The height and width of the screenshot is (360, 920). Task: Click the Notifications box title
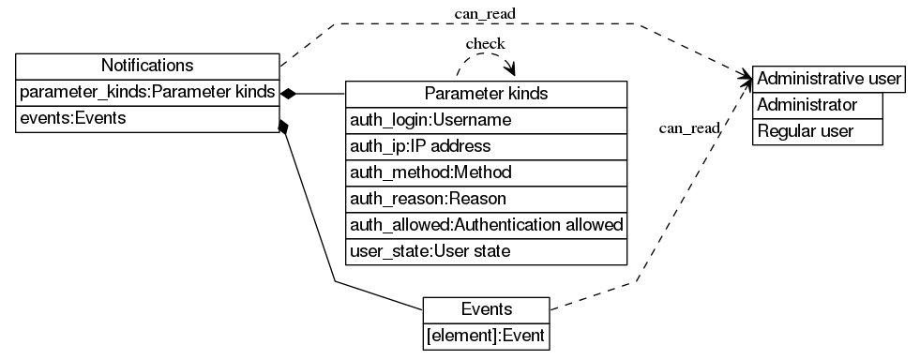point(147,66)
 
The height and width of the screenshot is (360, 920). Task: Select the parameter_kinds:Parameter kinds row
point(147,93)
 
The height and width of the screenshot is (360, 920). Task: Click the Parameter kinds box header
point(486,94)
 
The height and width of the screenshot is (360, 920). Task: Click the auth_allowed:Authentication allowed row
point(486,225)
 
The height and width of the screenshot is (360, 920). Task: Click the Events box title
point(486,309)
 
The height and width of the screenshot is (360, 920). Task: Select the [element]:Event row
point(486,335)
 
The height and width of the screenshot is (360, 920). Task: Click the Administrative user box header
point(829,78)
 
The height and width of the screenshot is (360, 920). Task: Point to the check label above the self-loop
point(485,44)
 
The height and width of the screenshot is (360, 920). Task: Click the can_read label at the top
point(485,13)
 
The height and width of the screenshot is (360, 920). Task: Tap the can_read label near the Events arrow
point(689,128)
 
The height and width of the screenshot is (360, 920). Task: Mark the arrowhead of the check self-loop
point(512,71)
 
